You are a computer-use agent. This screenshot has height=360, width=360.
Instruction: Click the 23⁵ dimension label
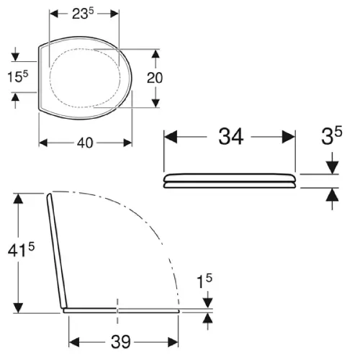tap(83, 14)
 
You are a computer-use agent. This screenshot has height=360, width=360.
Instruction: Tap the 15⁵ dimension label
tap(17, 76)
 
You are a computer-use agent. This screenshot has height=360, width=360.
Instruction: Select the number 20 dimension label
tap(155, 78)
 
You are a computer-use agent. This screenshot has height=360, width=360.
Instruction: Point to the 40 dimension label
tap(85, 143)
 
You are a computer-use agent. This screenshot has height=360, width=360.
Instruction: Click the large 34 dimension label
tap(231, 137)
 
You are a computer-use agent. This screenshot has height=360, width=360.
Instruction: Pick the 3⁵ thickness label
tap(332, 136)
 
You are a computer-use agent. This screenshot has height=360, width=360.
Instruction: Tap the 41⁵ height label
tap(21, 250)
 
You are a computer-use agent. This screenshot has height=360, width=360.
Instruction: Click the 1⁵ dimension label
tap(204, 281)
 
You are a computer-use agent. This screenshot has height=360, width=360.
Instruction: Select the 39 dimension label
tap(121, 341)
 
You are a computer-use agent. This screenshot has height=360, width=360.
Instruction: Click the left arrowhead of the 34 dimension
tap(171, 137)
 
